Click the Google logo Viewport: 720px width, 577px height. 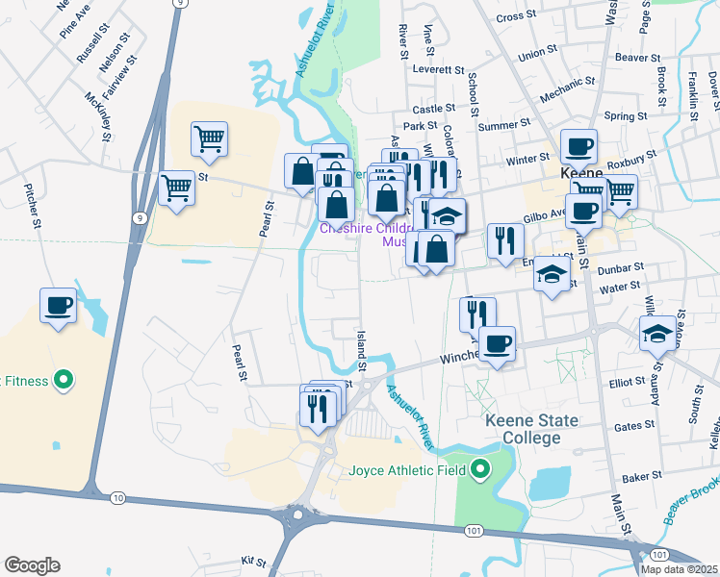pyautogui.click(x=32, y=565)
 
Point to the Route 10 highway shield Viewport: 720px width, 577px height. pyautogui.click(x=117, y=497)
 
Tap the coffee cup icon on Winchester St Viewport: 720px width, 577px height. pyautogui.click(x=497, y=343)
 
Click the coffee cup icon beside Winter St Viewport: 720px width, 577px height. pyautogui.click(x=579, y=147)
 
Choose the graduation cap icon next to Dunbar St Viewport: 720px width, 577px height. pyautogui.click(x=552, y=275)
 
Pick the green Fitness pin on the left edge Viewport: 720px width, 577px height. pyautogui.click(x=64, y=381)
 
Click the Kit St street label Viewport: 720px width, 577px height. pyautogui.click(x=253, y=559)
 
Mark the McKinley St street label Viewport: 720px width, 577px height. pyautogui.click(x=94, y=99)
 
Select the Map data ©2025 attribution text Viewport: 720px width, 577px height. pyautogui.click(x=679, y=569)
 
